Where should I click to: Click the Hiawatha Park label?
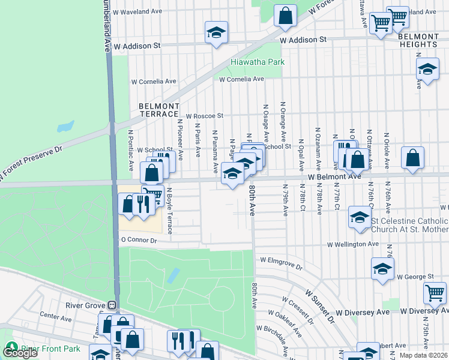pyautogui.click(x=258, y=62)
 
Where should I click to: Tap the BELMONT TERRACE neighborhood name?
pyautogui.click(x=158, y=110)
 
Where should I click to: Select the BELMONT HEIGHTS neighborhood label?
pyautogui.click(x=417, y=40)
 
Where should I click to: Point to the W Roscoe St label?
pyautogui.click(x=204, y=116)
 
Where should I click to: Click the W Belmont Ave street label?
pyautogui.click(x=335, y=176)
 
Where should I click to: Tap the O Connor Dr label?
pyautogui.click(x=139, y=240)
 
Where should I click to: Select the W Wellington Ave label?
pyautogui.click(x=353, y=245)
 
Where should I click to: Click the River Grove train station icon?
pyautogui.click(x=112, y=305)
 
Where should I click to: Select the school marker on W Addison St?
pyautogui.click(x=216, y=33)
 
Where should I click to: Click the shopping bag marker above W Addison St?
pyautogui.click(x=286, y=16)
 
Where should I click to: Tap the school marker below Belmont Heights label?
pyautogui.click(x=427, y=70)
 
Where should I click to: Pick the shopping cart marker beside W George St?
pyautogui.click(x=435, y=293)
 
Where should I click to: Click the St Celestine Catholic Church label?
pyautogui.click(x=409, y=225)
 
